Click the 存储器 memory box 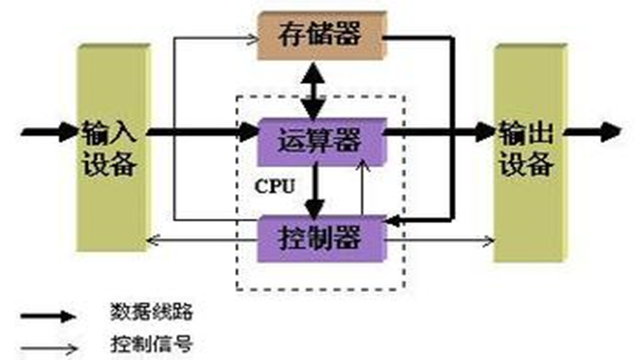point(321,35)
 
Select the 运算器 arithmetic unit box point(321,140)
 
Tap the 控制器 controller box point(321,238)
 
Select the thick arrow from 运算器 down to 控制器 point(316,190)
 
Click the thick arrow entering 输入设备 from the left point(48,133)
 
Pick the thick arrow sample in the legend point(48,316)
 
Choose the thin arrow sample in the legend point(48,345)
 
